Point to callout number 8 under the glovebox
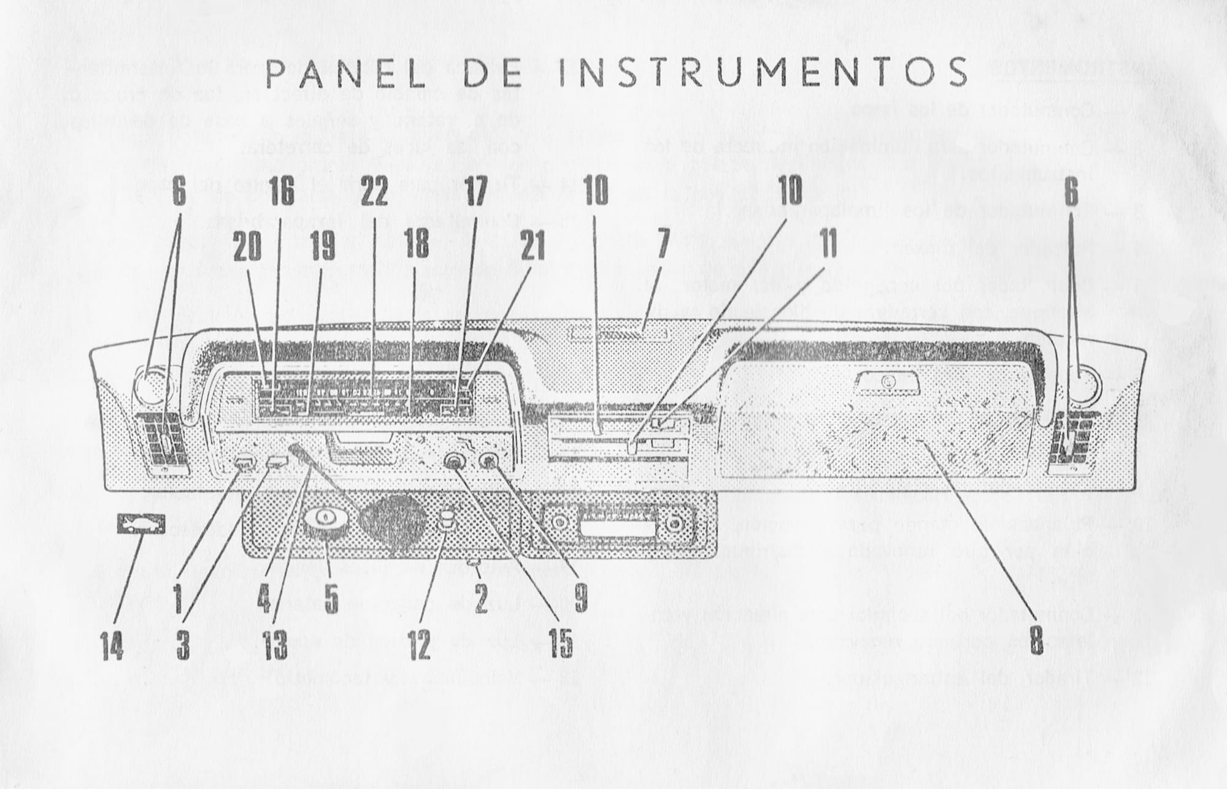(1036, 639)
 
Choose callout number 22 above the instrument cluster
(374, 194)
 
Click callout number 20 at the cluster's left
(247, 246)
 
